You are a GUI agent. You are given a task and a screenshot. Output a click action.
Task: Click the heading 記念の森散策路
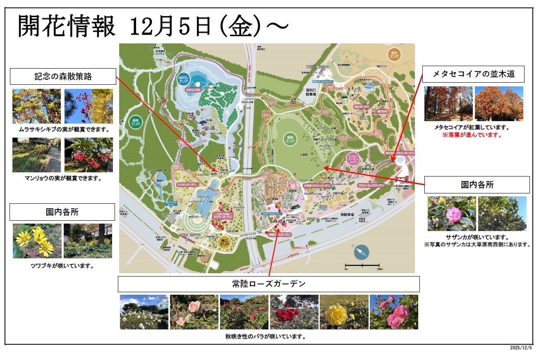(x=63, y=76)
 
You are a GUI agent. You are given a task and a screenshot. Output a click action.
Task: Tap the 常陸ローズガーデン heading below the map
(x=268, y=284)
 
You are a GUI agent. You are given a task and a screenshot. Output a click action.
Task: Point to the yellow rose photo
(x=344, y=312)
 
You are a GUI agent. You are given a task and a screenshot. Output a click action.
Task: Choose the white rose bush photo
(x=144, y=312)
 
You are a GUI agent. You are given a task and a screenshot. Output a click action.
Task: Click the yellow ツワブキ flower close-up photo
(x=37, y=241)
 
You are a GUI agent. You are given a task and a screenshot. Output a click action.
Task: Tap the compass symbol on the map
(x=361, y=252)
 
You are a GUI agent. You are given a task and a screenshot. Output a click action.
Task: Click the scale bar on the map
(x=362, y=265)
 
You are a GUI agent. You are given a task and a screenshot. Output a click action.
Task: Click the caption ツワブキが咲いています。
(x=62, y=266)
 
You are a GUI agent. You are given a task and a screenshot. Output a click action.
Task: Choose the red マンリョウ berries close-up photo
(x=89, y=155)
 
